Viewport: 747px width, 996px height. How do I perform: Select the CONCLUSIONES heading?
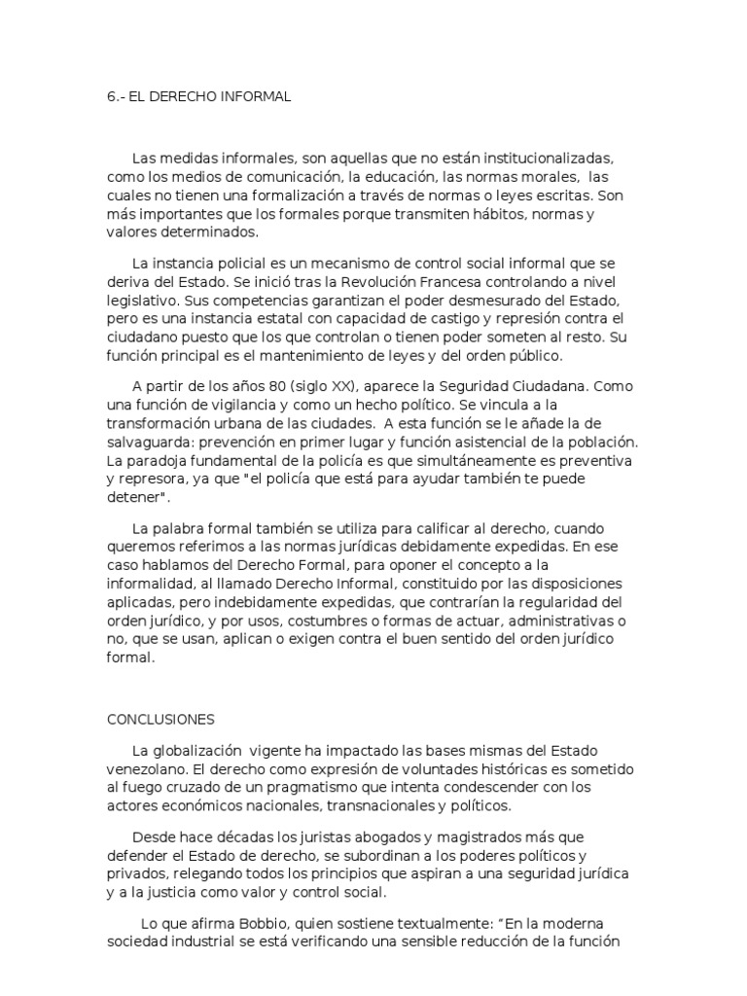(160, 719)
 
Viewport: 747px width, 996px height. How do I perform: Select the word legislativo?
(144, 301)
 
